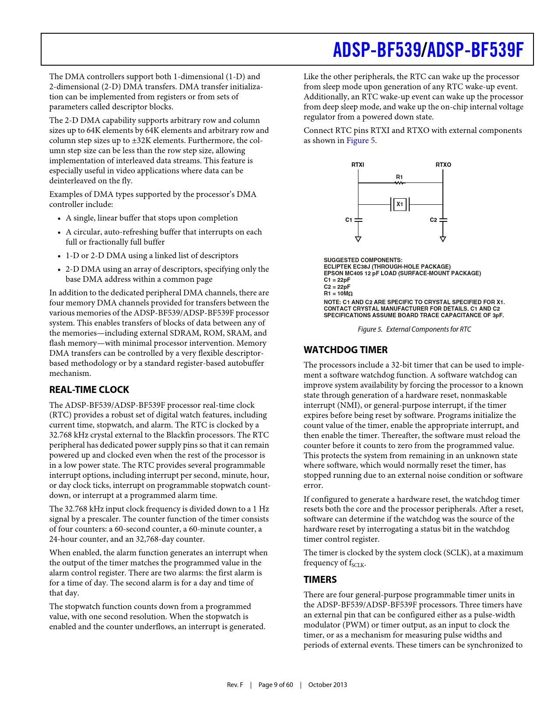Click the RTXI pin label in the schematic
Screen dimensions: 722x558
click(x=358, y=165)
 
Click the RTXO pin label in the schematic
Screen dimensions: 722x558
click(x=443, y=165)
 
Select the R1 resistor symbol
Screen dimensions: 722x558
click(x=400, y=182)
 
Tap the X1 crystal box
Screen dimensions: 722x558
click(x=400, y=204)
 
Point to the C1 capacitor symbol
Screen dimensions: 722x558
click(x=358, y=220)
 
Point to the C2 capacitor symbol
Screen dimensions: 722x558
click(x=443, y=220)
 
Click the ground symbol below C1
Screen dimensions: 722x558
click(x=358, y=239)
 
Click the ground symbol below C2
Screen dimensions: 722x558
click(x=443, y=239)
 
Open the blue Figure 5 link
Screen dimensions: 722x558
click(x=361, y=140)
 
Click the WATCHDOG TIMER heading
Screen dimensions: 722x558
click(x=346, y=350)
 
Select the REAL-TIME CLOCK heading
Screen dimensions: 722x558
click(x=89, y=390)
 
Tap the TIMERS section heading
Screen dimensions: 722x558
click(x=320, y=580)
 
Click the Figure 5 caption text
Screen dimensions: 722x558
click(x=414, y=329)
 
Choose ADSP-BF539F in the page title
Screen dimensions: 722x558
click(x=475, y=50)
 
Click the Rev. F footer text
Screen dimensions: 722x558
click(x=235, y=685)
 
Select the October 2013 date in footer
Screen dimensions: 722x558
click(x=327, y=685)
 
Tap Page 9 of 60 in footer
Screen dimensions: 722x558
click(x=276, y=685)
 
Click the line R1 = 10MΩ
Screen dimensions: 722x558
click(x=338, y=294)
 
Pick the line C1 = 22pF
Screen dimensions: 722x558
click(x=337, y=280)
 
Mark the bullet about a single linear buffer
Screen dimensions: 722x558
click(x=151, y=218)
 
